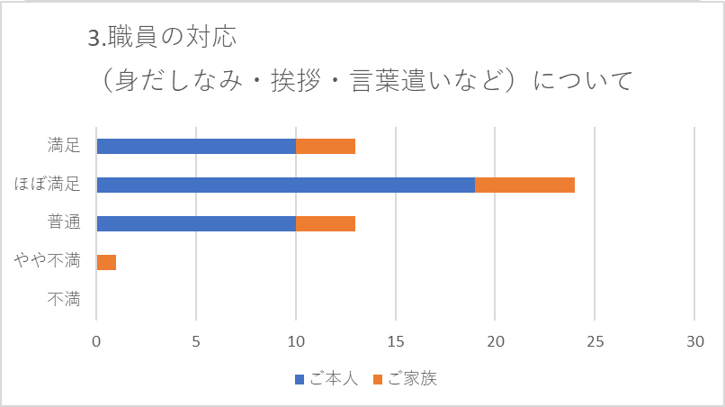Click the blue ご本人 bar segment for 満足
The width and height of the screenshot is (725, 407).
coord(196,146)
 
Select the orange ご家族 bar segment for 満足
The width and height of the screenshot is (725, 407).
coord(326,146)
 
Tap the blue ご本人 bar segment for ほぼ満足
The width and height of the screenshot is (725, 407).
coord(285,185)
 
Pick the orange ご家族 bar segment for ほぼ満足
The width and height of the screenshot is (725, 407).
coord(524,185)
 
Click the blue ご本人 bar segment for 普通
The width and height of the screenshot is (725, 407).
coord(196,223)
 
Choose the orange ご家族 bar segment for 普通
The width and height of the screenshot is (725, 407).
coord(326,223)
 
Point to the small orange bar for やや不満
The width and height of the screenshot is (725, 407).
coord(106,262)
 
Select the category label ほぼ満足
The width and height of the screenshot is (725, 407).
coord(48,185)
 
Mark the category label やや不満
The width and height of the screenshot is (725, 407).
coord(48,262)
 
